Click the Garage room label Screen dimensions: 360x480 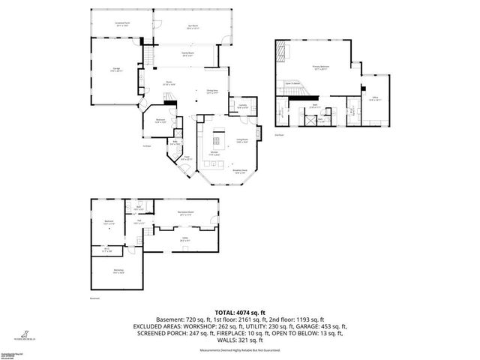117,70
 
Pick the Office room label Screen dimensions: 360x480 374,97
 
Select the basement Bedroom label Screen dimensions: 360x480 109,221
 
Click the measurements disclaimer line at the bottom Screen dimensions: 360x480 239,350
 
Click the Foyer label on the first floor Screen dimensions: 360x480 187,159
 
